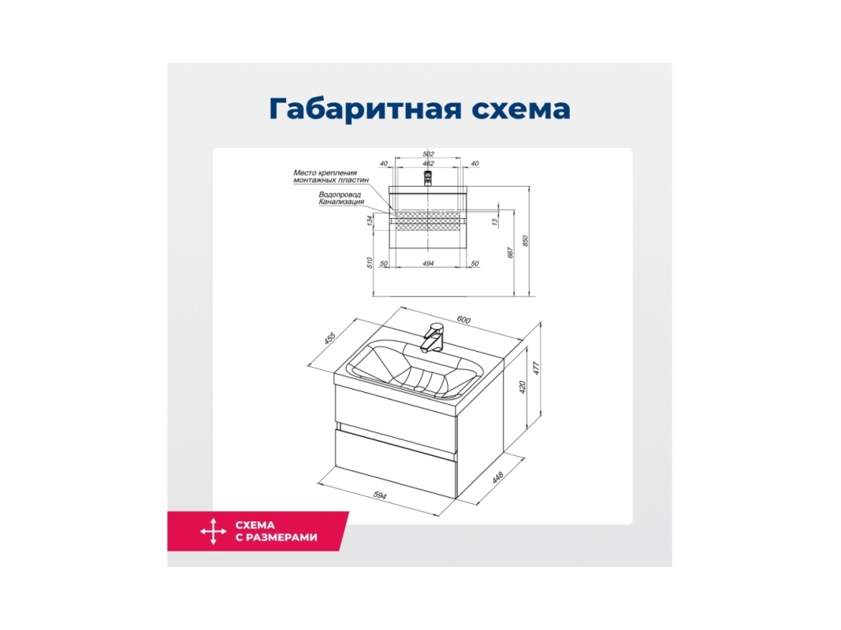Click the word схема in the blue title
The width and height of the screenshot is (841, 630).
pyautogui.click(x=521, y=109)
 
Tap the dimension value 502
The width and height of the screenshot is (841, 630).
pyautogui.click(x=428, y=154)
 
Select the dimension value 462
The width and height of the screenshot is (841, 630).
pyautogui.click(x=428, y=163)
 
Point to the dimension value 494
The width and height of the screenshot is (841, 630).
pyautogui.click(x=428, y=264)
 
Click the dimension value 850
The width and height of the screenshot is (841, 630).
pyautogui.click(x=526, y=242)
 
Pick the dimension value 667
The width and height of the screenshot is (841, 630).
pyautogui.click(x=511, y=252)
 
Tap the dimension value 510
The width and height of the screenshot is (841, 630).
pyautogui.click(x=370, y=263)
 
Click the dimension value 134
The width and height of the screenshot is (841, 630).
pyautogui.click(x=370, y=220)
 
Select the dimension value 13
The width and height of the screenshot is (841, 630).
pyautogui.click(x=494, y=220)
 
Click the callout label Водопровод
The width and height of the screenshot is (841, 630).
pyautogui.click(x=340, y=195)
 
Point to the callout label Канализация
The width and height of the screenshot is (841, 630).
pyautogui.click(x=341, y=202)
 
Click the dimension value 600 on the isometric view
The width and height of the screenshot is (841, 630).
pyautogui.click(x=463, y=320)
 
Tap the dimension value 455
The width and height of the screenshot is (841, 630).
pyautogui.click(x=329, y=339)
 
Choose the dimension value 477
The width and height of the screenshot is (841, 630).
pyautogui.click(x=535, y=368)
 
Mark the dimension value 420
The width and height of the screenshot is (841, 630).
pyautogui.click(x=523, y=386)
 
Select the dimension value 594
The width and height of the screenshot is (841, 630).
pyautogui.click(x=379, y=495)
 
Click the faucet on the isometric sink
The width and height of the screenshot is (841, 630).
pyautogui.click(x=433, y=337)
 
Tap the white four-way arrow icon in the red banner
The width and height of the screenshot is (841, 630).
pyautogui.click(x=214, y=532)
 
